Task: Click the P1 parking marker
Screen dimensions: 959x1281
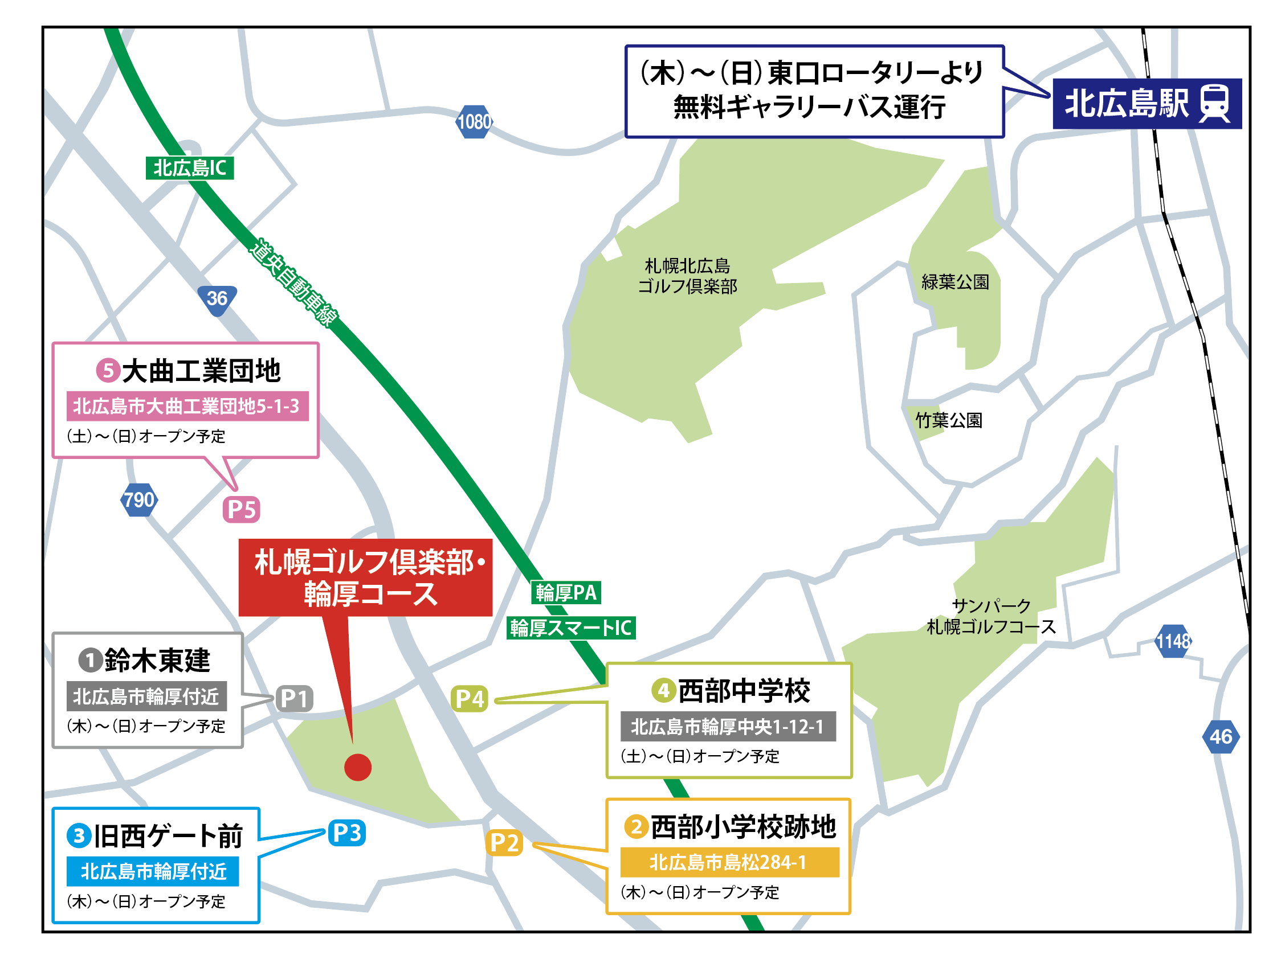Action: pyautogui.click(x=294, y=699)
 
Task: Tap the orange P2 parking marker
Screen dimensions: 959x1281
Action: pyautogui.click(x=504, y=843)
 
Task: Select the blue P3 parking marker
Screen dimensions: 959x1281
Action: pyautogui.click(x=347, y=833)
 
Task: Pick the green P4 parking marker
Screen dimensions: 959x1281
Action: pyautogui.click(x=469, y=699)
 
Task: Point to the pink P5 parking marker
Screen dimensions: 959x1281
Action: pyautogui.click(x=242, y=509)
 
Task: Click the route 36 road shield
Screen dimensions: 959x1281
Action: pyautogui.click(x=217, y=299)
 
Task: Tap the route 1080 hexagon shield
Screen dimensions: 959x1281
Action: pyautogui.click(x=474, y=121)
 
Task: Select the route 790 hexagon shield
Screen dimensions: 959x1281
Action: pyautogui.click(x=139, y=499)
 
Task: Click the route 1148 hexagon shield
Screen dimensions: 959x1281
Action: pyautogui.click(x=1173, y=641)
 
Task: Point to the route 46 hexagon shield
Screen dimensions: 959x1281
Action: pyautogui.click(x=1221, y=736)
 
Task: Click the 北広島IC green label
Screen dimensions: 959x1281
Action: pyautogui.click(x=189, y=168)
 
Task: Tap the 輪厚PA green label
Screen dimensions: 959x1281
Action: pyautogui.click(x=566, y=592)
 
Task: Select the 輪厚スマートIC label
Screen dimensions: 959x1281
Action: pyautogui.click(x=571, y=628)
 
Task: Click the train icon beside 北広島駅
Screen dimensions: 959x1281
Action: pyautogui.click(x=1214, y=104)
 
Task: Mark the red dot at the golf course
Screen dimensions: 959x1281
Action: pyautogui.click(x=358, y=768)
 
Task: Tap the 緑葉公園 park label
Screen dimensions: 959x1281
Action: pyautogui.click(x=955, y=282)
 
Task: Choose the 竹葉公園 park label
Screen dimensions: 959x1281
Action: pyautogui.click(x=949, y=420)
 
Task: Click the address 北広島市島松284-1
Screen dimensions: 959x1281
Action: pyautogui.click(x=729, y=862)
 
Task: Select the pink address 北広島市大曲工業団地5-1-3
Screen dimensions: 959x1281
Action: pyautogui.click(x=187, y=405)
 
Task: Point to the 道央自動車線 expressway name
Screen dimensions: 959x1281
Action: pyautogui.click(x=293, y=282)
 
